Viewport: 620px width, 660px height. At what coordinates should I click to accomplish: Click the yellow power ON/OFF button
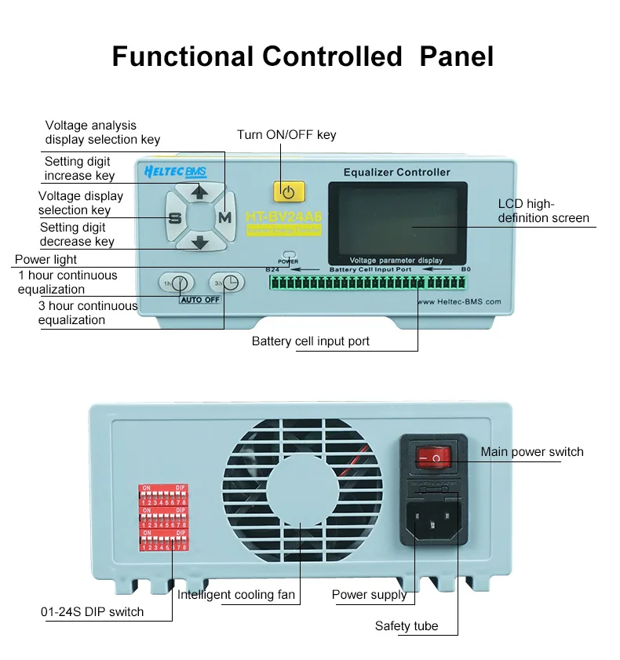(289, 191)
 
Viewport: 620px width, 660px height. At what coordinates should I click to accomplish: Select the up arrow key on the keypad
(200, 191)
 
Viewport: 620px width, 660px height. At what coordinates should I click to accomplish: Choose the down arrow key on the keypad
(200, 242)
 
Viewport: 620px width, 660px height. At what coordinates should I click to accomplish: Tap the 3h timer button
(227, 283)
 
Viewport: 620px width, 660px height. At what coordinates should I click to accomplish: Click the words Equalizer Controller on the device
(397, 172)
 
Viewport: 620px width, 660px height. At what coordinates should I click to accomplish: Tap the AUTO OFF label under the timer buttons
(200, 300)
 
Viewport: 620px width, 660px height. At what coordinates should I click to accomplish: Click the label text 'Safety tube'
(406, 625)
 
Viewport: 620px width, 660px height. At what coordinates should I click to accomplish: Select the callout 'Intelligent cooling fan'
(236, 595)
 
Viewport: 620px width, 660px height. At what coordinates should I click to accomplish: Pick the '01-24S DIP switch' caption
(92, 611)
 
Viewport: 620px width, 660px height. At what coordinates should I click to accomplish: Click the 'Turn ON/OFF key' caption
(286, 135)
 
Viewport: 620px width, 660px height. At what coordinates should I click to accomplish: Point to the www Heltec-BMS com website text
(460, 301)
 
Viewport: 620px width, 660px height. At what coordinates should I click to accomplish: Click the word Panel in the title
(458, 57)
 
